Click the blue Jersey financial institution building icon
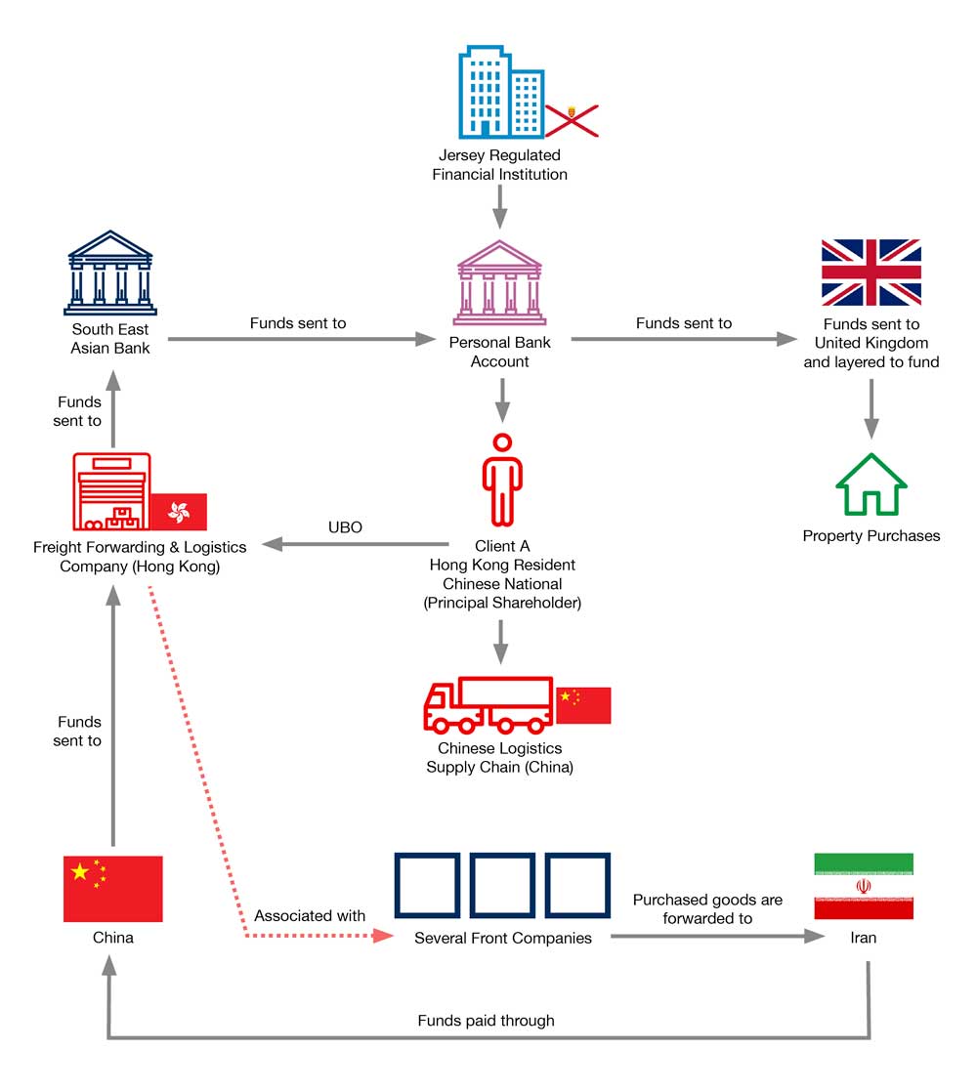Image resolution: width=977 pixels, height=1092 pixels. point(500,91)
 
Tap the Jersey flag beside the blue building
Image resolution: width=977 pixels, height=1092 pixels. point(571,120)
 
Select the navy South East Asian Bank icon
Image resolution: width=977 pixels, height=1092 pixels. point(110,273)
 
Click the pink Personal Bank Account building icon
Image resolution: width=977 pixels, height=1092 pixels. point(499,282)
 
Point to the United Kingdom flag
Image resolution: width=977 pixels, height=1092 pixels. point(871,273)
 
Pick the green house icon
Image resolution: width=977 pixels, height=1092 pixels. point(871,484)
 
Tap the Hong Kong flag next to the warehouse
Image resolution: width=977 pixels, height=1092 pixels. point(179,512)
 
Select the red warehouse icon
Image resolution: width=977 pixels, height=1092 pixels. point(110,491)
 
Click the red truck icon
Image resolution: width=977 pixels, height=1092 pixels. point(488,704)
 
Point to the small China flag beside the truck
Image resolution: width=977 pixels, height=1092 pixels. point(583,704)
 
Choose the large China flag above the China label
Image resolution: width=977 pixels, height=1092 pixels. point(112,889)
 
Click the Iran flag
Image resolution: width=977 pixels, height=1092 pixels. point(864,886)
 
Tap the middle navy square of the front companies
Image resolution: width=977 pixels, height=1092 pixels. point(502,887)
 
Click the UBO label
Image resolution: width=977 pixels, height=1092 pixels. point(345,527)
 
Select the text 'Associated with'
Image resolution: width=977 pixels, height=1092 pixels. point(310,916)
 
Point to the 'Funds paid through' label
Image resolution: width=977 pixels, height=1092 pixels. point(486,1021)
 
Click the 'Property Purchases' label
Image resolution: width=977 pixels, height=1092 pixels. point(871,535)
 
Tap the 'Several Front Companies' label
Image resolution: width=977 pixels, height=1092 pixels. point(502,939)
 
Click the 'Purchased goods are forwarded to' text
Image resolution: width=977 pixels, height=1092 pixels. point(707,908)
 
